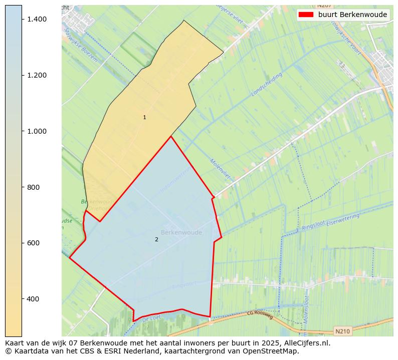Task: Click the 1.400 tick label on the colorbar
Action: point(37,19)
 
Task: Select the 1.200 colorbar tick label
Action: point(37,75)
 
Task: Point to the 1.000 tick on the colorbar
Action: point(37,131)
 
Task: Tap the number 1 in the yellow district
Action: point(144,118)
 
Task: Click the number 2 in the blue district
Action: point(156,239)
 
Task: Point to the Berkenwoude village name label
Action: point(181,232)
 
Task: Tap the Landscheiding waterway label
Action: point(267,84)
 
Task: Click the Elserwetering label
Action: point(343,219)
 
